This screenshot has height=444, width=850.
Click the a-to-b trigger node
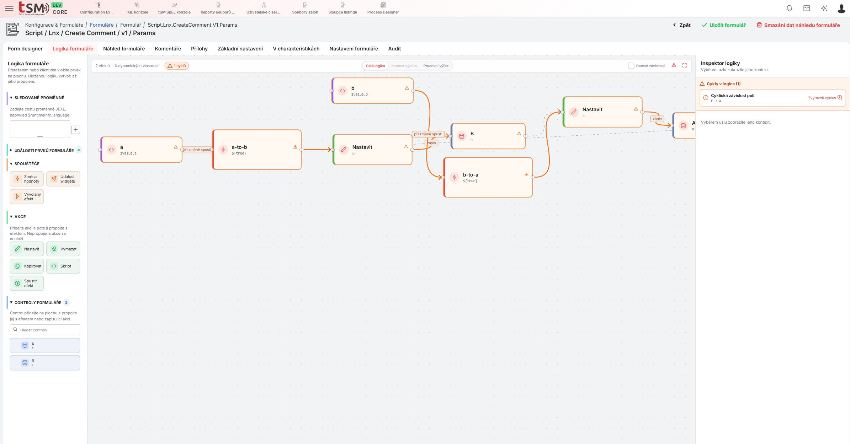pos(257,150)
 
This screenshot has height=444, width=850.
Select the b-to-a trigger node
pos(488,177)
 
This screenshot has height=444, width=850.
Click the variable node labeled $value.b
pos(372,91)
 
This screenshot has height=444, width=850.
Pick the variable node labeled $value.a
pos(142,150)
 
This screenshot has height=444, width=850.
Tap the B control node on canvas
pos(488,136)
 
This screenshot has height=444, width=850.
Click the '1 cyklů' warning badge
pos(177,66)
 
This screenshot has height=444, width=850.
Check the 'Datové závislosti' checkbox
pos(631,66)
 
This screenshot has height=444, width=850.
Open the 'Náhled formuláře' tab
pos(124,49)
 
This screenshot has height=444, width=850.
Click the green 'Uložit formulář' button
pos(723,25)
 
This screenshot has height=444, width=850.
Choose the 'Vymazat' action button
pos(63,249)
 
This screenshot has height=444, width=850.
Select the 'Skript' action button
pos(63,266)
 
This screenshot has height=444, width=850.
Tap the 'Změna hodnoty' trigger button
pos(27,179)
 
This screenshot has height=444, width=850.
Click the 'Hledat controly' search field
pos(45,330)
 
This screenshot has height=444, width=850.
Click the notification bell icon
pos(789,8)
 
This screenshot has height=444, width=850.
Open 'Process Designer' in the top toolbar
pos(383,9)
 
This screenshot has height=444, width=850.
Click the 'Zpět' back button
pos(682,25)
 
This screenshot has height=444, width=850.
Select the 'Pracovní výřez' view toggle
pos(436,66)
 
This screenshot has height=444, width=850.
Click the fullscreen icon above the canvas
pos(685,66)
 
